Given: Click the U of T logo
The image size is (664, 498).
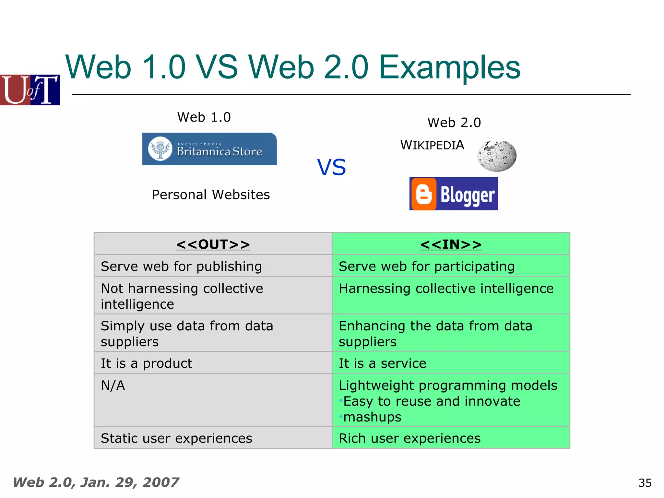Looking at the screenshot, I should pos(30,90).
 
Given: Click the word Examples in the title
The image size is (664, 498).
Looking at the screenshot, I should pos(449,67).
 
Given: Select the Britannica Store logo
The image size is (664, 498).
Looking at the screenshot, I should pos(209,149).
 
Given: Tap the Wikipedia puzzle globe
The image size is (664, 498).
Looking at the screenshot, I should pos(496,156).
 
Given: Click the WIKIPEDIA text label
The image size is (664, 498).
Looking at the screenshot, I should pos(432,145).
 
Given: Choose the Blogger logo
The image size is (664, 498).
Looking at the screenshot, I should pos(453,194).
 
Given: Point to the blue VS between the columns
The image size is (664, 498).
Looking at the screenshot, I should pos(331,167).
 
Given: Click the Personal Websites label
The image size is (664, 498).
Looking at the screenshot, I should pos(211,195).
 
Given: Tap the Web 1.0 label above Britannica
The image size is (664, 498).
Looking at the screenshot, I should pos(204,117).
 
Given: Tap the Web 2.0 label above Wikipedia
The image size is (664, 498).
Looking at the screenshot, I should pos(454,123).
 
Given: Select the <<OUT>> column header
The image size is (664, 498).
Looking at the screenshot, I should pos(213,244).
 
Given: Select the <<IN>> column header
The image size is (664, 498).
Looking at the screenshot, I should pos(451,244).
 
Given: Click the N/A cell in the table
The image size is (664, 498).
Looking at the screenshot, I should pos(113,385).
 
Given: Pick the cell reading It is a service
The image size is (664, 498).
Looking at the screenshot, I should pos(382,363).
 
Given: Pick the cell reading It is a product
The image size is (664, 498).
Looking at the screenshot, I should pos(147,363).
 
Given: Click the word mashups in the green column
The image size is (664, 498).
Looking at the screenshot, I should pos(372,417).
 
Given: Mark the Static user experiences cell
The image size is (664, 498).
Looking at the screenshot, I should pos(176,438).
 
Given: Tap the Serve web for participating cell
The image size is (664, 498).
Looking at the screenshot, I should pos(426,266).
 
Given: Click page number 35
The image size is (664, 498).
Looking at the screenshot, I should pos(645,483).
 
